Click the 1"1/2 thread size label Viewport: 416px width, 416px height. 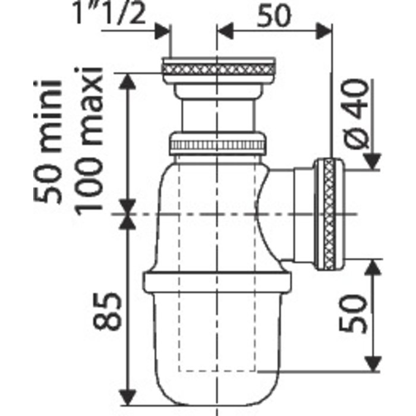(109, 13)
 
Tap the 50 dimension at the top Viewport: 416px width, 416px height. (274, 16)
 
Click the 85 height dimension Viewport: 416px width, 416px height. (107, 311)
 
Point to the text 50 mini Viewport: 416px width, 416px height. (48, 141)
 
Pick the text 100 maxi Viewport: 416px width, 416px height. (89, 138)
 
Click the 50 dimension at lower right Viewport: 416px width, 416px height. (353, 314)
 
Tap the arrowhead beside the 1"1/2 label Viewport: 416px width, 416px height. (162, 31)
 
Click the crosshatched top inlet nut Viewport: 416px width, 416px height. (218, 70)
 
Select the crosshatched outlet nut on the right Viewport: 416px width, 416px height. (329, 215)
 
